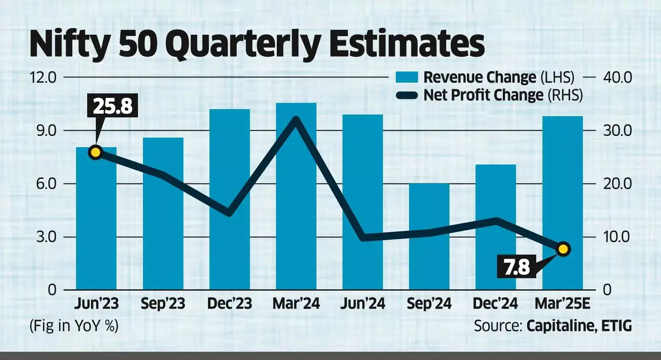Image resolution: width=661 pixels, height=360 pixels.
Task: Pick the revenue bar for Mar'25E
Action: [x=562, y=190]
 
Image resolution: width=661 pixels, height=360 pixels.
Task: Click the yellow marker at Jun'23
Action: [x=95, y=153]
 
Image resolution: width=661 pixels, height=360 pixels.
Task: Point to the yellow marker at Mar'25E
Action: [x=563, y=249]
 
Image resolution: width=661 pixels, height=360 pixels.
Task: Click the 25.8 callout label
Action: [x=112, y=106]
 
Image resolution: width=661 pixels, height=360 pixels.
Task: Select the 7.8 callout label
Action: [x=516, y=267]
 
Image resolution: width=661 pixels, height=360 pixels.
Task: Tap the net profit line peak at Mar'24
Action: [x=296, y=120]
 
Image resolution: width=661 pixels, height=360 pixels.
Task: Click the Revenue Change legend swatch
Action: [x=407, y=77]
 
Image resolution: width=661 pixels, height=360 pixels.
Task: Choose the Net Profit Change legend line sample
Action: [x=407, y=95]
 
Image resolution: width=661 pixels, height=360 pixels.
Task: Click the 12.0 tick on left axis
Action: [x=43, y=77]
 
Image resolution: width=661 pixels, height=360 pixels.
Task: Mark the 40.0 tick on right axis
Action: [x=617, y=77]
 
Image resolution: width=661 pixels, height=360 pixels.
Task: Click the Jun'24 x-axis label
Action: [x=363, y=304]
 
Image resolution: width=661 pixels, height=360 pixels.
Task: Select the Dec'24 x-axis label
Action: [x=495, y=304]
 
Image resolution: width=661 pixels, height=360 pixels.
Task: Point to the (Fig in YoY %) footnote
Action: [x=74, y=326]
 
